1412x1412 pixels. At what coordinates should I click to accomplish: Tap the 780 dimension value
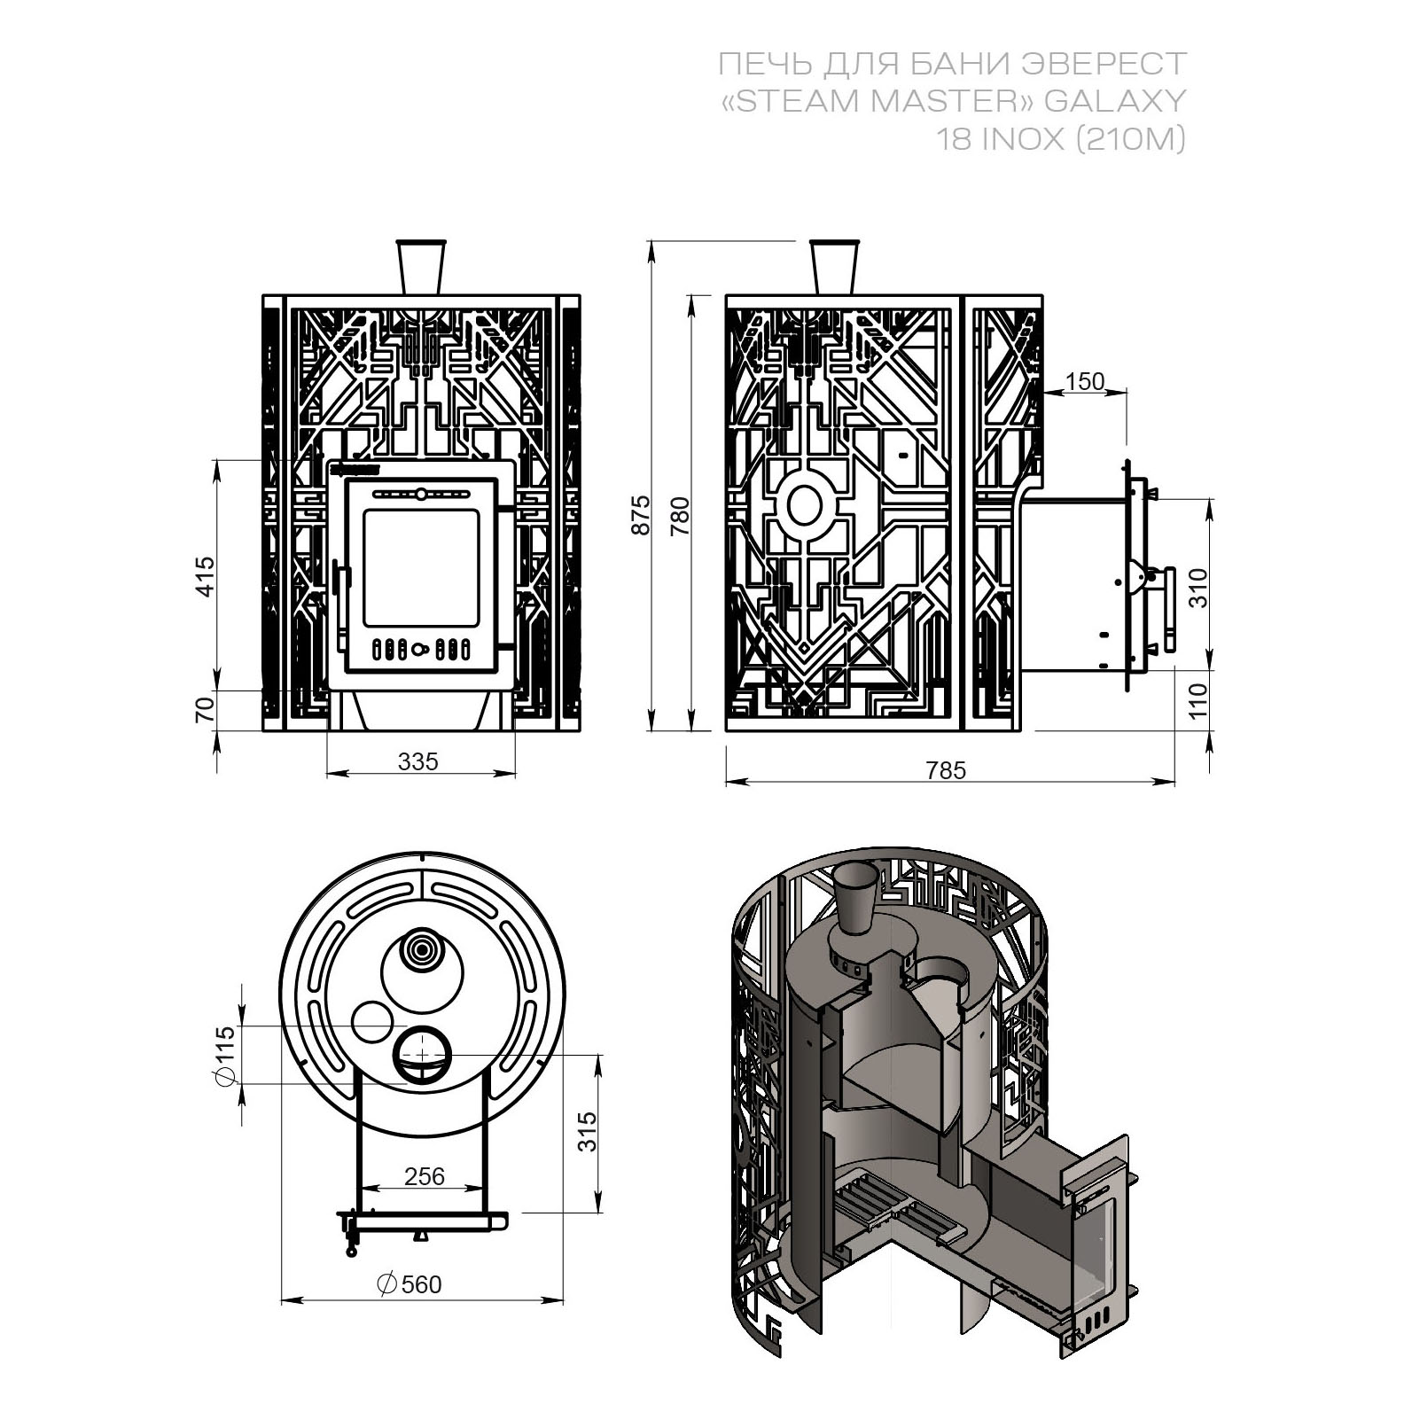click(x=680, y=516)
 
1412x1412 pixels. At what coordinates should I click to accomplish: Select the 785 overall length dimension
click(x=945, y=770)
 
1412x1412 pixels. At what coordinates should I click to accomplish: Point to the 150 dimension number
click(x=1084, y=381)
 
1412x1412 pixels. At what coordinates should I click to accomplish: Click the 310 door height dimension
click(x=1198, y=587)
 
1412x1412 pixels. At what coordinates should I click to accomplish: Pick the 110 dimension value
click(x=1198, y=701)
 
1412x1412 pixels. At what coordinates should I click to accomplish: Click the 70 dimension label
click(x=205, y=710)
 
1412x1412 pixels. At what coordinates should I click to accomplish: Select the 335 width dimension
click(x=418, y=761)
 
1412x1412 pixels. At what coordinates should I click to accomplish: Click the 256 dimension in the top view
click(x=424, y=1175)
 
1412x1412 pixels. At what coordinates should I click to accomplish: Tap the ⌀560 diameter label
click(x=410, y=1283)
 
